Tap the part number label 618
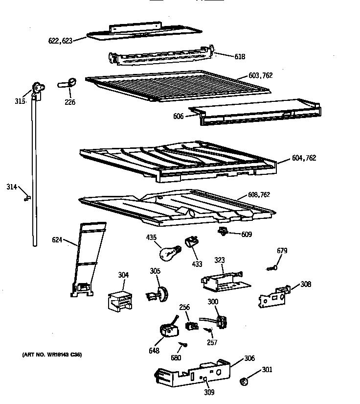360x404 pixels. pyautogui.click(x=240, y=57)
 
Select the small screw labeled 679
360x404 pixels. pyautogui.click(x=272, y=267)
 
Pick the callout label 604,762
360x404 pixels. pyautogui.click(x=304, y=158)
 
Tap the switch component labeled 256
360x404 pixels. pyautogui.click(x=190, y=325)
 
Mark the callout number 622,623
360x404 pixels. pyautogui.click(x=60, y=41)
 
